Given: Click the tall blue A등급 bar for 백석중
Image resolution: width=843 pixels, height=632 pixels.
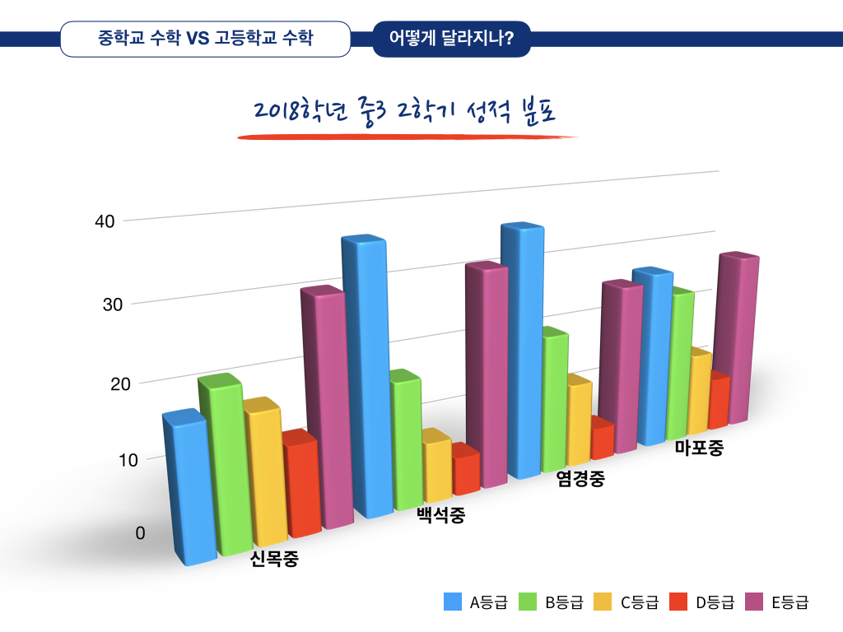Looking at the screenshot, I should (366, 379).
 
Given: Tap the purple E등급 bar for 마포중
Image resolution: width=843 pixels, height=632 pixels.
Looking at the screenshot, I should (737, 337).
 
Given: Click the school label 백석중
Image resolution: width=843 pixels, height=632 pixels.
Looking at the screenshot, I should (440, 516).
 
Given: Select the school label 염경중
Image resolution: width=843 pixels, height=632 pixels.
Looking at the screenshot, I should (580, 479).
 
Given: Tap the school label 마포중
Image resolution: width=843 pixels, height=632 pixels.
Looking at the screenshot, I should (698, 448).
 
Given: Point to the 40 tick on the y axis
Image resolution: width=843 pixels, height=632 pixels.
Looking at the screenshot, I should (105, 221).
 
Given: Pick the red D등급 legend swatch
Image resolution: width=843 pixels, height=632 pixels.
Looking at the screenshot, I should (679, 602).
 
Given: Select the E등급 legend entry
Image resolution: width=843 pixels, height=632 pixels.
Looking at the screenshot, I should (778, 602).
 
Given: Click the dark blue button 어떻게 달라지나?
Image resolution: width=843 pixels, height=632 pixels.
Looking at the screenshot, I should (451, 39).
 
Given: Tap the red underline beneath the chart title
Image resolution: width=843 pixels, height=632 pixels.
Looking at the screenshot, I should (408, 137).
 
